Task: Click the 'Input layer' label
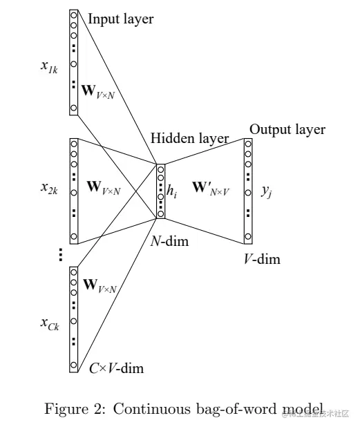(x=120, y=19)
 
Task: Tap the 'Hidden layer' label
(x=190, y=138)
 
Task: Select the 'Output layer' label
(x=287, y=129)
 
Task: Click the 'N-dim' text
(x=169, y=242)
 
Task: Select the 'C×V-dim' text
(x=116, y=368)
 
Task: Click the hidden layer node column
(x=161, y=191)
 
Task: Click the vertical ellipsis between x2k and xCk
(x=60, y=255)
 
